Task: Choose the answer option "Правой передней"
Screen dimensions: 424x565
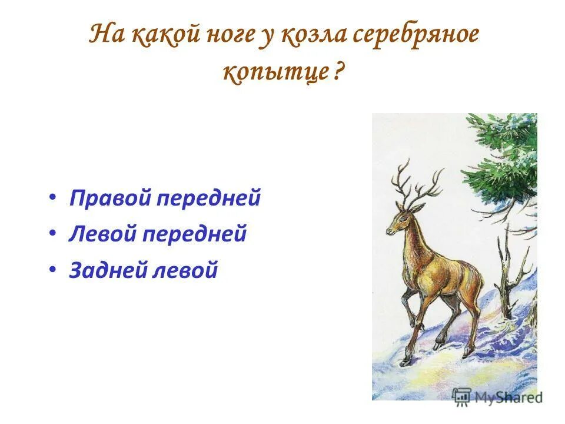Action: click(165, 198)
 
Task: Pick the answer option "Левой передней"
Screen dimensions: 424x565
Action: click(158, 234)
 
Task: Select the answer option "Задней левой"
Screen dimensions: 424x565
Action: click(144, 270)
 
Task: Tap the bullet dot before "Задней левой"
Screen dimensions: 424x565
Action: click(53, 271)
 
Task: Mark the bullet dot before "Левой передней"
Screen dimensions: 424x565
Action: click(53, 235)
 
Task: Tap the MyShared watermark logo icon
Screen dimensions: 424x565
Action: click(462, 396)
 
